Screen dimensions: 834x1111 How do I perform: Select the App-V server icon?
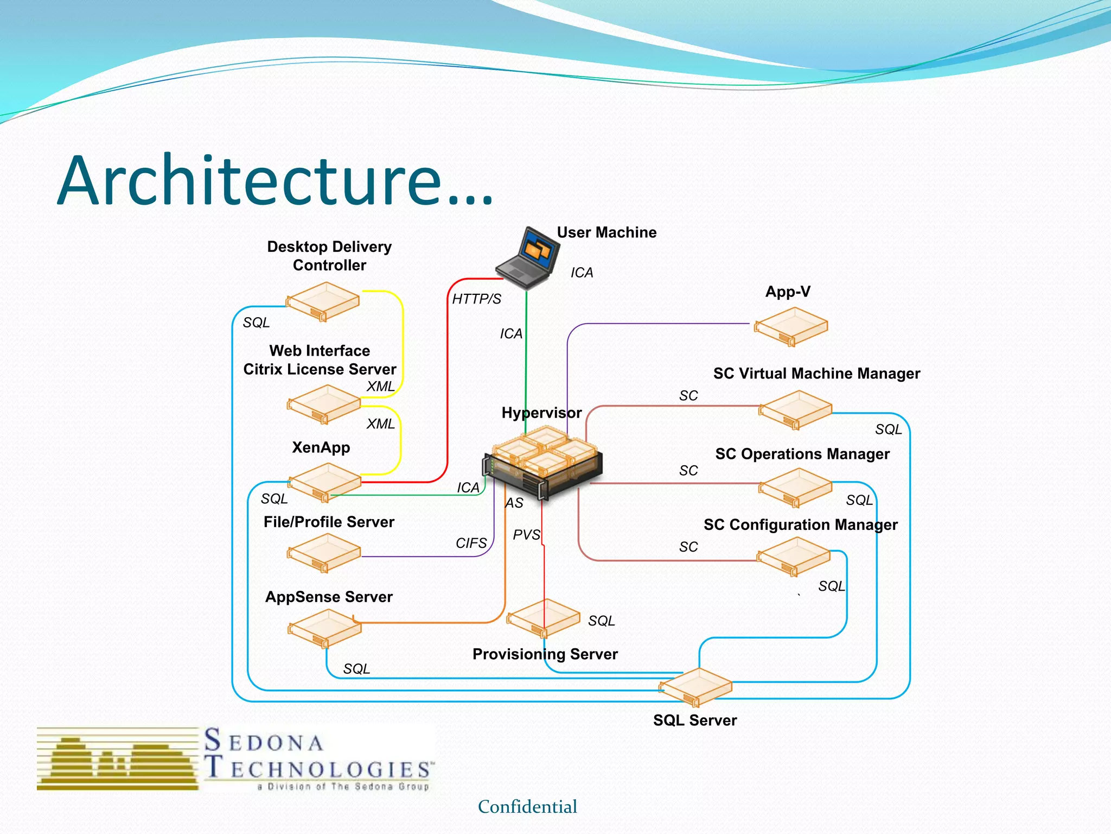pos(791,326)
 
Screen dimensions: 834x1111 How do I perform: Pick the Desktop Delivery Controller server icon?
pos(323,301)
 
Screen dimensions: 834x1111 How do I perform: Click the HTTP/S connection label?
pos(476,299)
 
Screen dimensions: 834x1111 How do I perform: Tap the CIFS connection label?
pos(471,543)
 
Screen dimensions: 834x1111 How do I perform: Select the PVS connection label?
pos(526,535)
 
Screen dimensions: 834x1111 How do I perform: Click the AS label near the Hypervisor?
pos(514,503)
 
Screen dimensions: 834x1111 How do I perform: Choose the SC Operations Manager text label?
pos(802,454)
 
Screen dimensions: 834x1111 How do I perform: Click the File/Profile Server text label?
pos(329,522)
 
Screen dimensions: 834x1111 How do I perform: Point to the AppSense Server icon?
pos(324,628)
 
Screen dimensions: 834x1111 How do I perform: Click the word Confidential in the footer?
pos(527,807)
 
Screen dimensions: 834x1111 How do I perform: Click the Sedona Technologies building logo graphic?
pos(118,759)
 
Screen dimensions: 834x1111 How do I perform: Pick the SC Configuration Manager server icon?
pos(794,556)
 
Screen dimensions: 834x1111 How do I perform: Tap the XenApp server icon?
pos(324,482)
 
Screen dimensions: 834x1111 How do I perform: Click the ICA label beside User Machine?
pos(582,273)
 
